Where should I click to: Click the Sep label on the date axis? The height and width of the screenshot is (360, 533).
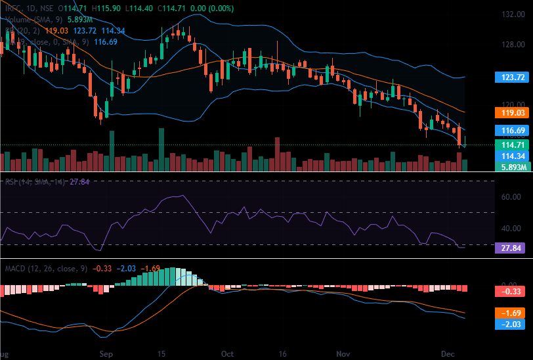(106, 353)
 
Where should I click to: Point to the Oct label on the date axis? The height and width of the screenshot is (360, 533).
(227, 353)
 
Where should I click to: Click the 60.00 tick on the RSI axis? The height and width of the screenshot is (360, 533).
(511, 197)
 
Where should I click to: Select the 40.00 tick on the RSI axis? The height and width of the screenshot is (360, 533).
(511, 229)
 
